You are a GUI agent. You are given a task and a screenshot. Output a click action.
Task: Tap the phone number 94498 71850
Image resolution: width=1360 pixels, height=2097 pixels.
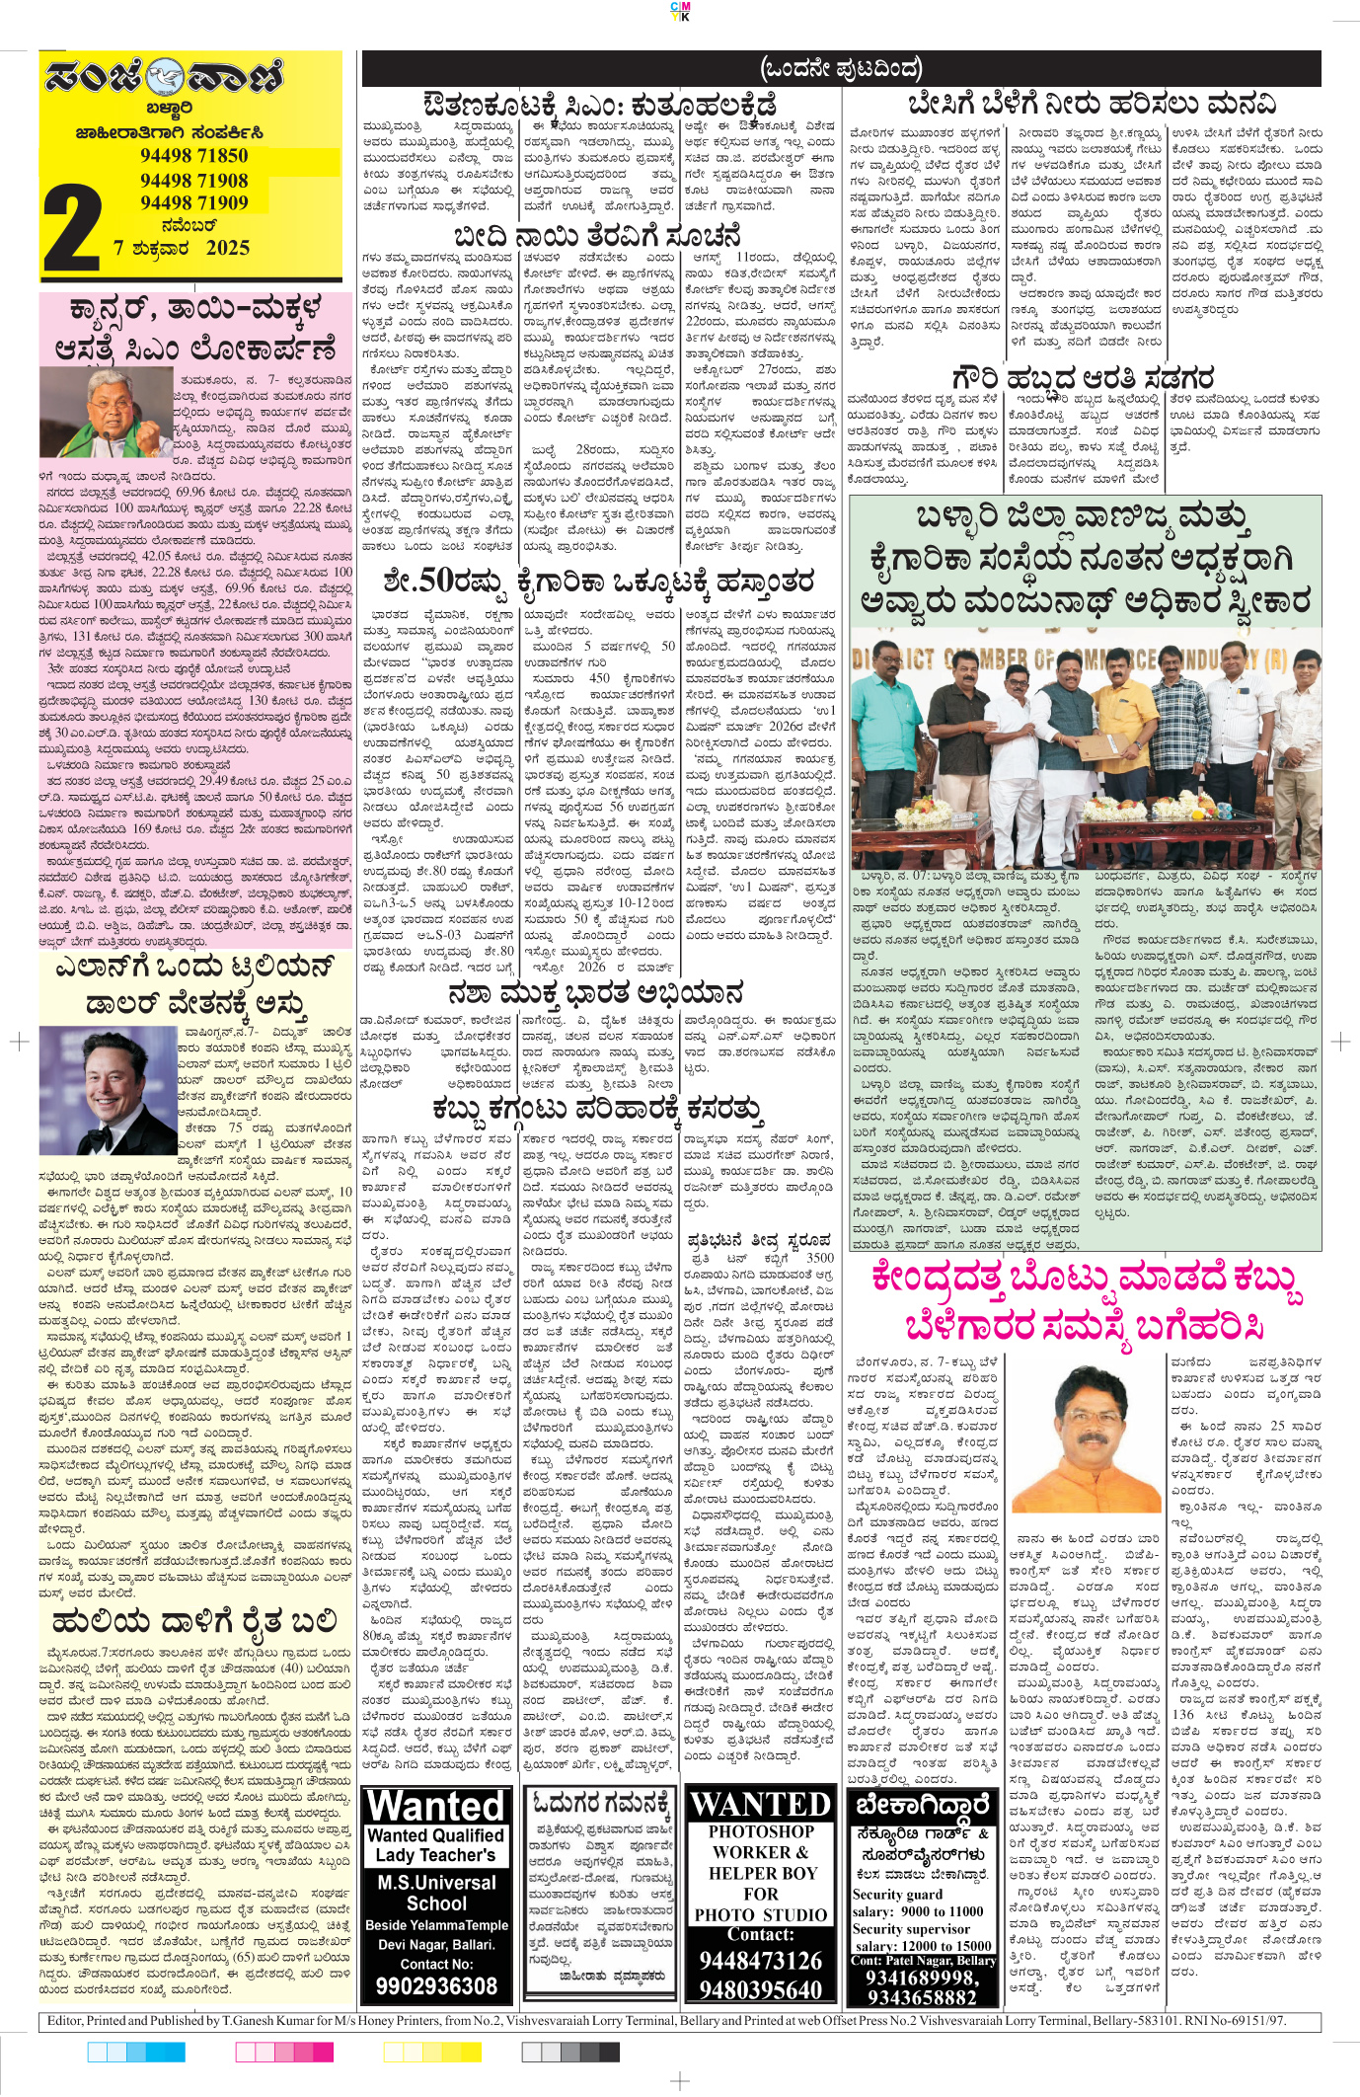click(193, 156)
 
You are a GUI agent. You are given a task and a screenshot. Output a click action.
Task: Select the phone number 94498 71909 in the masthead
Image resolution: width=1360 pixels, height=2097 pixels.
click(193, 202)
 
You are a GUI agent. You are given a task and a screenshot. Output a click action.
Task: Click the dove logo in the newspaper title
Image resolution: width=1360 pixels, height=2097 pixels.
click(165, 77)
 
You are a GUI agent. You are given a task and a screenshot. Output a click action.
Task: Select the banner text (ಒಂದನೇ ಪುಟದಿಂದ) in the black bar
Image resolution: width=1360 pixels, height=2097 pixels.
click(841, 68)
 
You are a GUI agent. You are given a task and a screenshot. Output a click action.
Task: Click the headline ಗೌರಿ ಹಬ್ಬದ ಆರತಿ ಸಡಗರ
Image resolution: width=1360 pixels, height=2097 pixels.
click(1083, 378)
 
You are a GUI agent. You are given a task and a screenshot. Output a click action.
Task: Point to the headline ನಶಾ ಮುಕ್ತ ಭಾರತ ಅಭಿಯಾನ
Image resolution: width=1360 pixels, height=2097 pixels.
click(595, 994)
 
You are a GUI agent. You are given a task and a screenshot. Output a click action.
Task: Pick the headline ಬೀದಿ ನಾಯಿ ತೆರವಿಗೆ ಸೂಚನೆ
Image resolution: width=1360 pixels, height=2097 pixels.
click(596, 237)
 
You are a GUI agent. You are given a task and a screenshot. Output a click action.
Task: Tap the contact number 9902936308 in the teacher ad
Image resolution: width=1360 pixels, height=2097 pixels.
click(436, 1985)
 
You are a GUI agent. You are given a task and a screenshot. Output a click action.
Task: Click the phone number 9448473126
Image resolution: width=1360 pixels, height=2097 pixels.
click(761, 1961)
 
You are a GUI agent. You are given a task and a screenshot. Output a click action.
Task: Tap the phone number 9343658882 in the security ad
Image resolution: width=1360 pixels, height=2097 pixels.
click(921, 1997)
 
